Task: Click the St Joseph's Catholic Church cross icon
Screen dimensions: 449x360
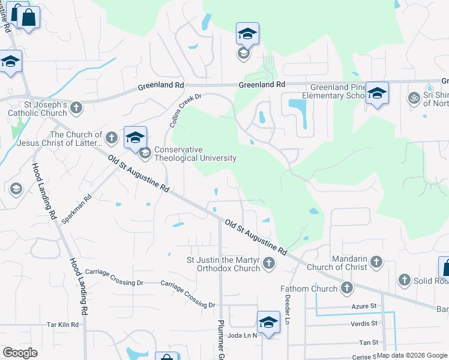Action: click(x=76, y=108)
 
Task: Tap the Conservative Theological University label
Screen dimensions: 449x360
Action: click(x=195, y=154)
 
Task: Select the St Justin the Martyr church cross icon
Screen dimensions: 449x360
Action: click(x=269, y=263)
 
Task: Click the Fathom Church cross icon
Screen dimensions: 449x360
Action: click(x=346, y=289)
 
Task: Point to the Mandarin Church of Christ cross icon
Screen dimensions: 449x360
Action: click(x=376, y=262)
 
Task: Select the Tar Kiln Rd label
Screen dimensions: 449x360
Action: click(x=63, y=325)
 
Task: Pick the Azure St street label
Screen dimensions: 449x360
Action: click(x=364, y=306)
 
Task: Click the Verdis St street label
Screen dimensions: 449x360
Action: click(x=364, y=323)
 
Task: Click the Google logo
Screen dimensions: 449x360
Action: click(x=20, y=353)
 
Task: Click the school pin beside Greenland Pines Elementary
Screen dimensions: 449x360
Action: click(x=377, y=94)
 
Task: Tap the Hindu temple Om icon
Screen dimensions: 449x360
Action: click(x=413, y=98)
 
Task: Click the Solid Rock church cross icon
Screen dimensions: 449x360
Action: click(x=404, y=280)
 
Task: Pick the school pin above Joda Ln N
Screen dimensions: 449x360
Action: click(x=268, y=322)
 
